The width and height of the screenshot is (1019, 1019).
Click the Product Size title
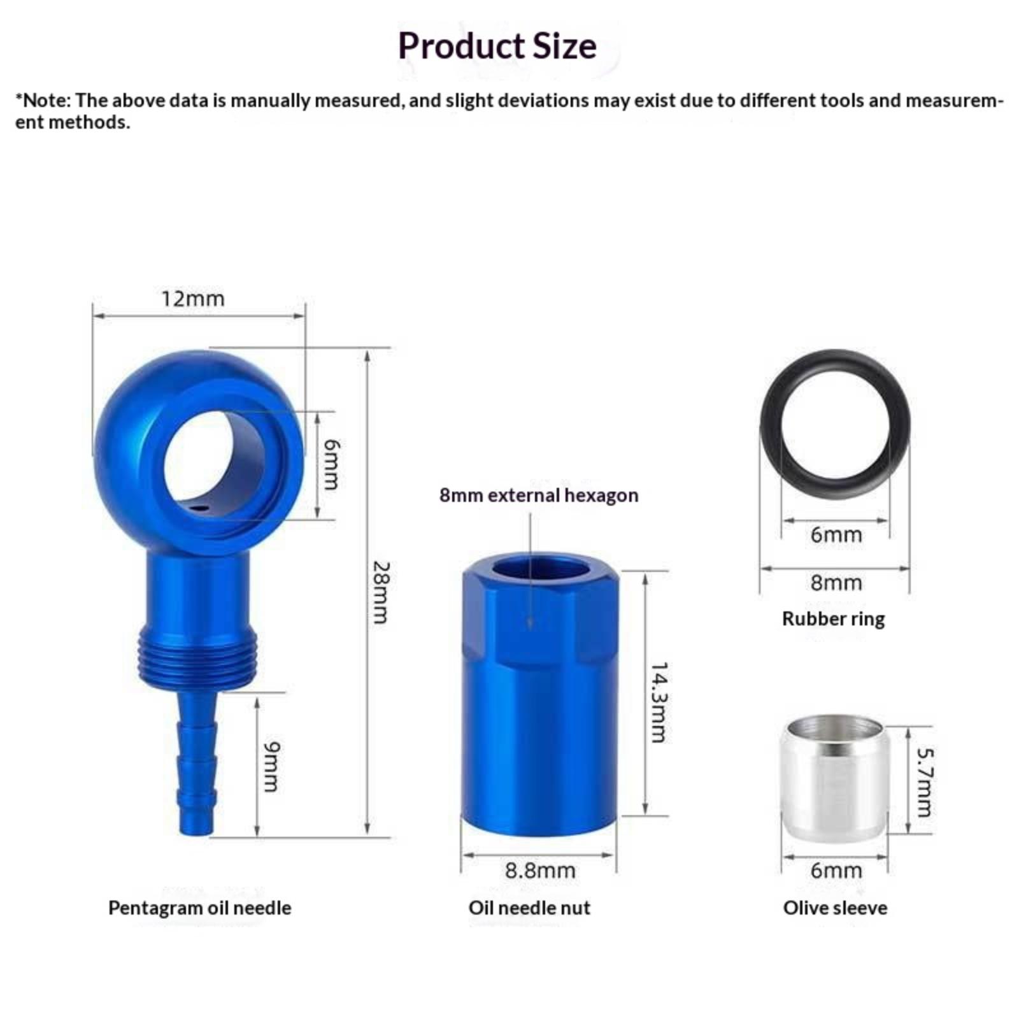pyautogui.click(x=497, y=46)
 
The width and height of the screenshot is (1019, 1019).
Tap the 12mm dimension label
pyautogui.click(x=192, y=299)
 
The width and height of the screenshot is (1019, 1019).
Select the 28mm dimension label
pyautogui.click(x=380, y=592)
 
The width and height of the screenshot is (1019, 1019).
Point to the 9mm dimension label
pyautogui.click(x=271, y=767)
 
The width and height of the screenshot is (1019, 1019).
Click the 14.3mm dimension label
pyautogui.click(x=659, y=702)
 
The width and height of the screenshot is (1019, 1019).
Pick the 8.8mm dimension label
pyautogui.click(x=540, y=871)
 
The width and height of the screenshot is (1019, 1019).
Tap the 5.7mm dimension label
pyautogui.click(x=924, y=782)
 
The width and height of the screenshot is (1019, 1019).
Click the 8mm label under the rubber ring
pyautogui.click(x=836, y=583)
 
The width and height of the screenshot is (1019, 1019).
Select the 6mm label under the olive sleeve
pyautogui.click(x=836, y=871)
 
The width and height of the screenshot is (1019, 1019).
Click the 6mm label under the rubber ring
pyautogui.click(x=836, y=534)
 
